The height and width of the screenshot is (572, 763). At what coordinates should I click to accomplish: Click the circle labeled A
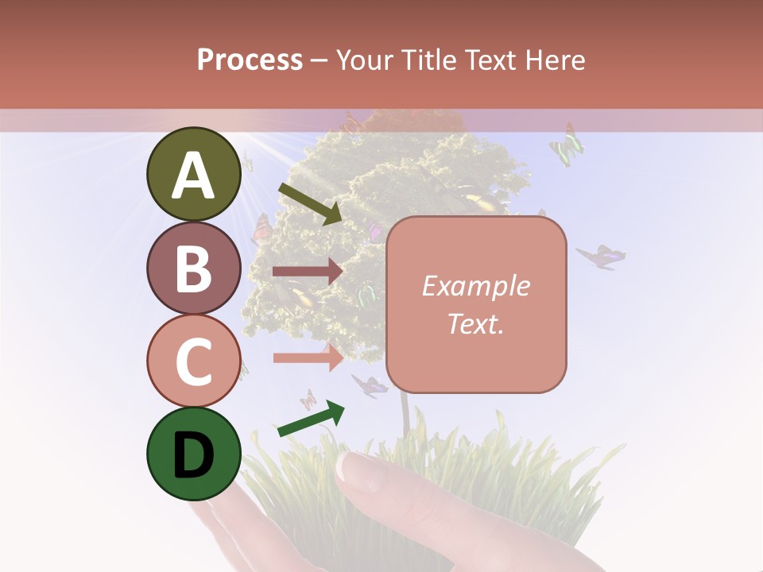[x=193, y=174]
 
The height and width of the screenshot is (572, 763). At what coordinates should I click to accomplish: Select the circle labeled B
[x=193, y=268]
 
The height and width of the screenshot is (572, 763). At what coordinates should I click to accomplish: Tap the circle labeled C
[x=193, y=361]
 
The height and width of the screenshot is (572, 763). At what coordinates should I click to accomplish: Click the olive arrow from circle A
[x=309, y=203]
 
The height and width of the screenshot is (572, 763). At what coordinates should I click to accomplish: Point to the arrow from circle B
[x=307, y=272]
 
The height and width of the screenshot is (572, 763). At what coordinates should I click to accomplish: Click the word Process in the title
[x=250, y=60]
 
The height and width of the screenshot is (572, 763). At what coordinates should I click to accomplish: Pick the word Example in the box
[x=475, y=286]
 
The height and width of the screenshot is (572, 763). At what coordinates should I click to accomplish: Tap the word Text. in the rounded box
[x=475, y=324]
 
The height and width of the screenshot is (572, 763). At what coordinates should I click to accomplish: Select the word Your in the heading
[x=365, y=60]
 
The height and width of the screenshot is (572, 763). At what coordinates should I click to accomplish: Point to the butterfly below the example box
[x=370, y=386]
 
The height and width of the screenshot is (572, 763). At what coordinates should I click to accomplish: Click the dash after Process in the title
[x=320, y=60]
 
